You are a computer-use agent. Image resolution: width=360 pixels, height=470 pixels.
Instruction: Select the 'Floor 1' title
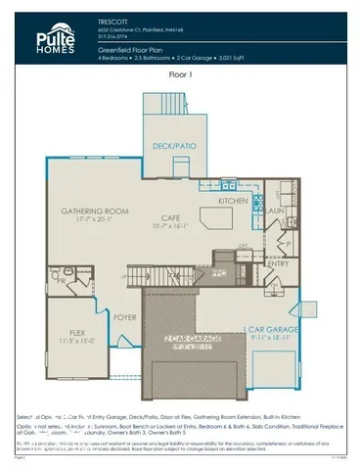click(x=180, y=73)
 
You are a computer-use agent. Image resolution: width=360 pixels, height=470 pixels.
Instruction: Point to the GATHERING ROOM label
click(x=95, y=211)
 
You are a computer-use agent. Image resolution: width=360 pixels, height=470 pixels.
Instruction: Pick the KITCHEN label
click(x=234, y=201)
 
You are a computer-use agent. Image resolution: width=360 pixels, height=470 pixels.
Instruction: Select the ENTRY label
click(x=278, y=263)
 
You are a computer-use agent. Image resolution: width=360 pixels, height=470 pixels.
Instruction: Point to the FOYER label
click(x=125, y=317)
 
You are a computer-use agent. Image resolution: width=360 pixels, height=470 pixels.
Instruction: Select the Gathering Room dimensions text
click(x=95, y=219)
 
